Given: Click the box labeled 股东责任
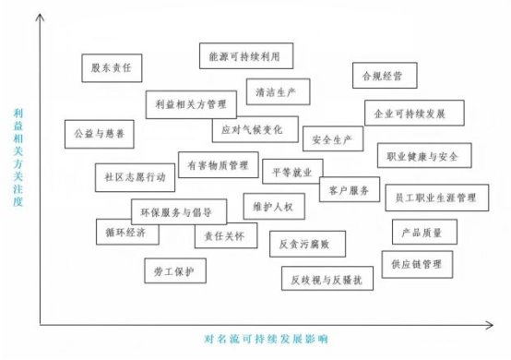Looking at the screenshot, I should [x=111, y=67].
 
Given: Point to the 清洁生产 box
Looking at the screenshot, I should [x=278, y=91].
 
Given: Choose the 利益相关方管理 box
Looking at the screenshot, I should [x=191, y=104].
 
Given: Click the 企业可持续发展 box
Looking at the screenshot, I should [x=409, y=114].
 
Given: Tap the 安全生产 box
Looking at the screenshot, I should [x=332, y=139].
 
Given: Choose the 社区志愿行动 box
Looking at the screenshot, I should [x=136, y=175].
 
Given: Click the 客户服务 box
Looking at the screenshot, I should [x=349, y=190].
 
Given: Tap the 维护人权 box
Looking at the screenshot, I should [x=273, y=205].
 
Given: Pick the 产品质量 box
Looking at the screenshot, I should [x=423, y=231].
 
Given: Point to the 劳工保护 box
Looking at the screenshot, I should [x=174, y=270].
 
